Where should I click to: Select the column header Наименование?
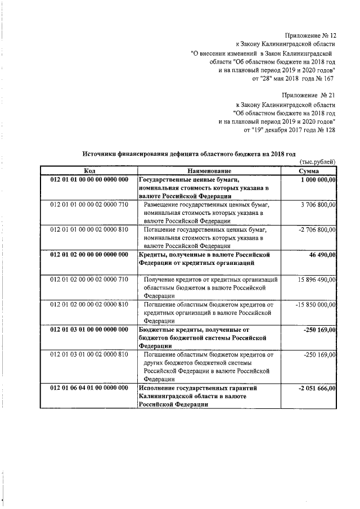[210, 171]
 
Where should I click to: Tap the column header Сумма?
[309, 171]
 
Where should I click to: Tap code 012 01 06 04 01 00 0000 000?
[89, 388]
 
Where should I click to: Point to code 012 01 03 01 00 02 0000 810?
[89, 355]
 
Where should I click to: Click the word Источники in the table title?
[100, 154]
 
